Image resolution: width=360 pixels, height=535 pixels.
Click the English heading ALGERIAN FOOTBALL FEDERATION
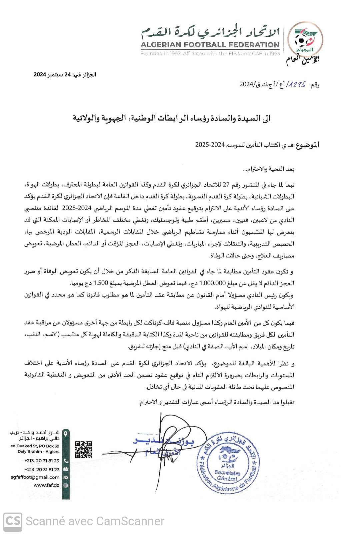pyautogui.click(x=210, y=45)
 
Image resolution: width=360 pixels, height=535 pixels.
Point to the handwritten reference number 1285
pyautogui.click(x=298, y=84)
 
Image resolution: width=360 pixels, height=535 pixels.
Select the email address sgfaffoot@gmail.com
pyautogui.click(x=35, y=477)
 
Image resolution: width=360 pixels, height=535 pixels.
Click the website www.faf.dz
pyautogui.click(x=46, y=485)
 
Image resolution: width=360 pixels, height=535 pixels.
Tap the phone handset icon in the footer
pyautogui.click(x=66, y=461)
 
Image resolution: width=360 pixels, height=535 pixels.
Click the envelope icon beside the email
pyautogui.click(x=66, y=478)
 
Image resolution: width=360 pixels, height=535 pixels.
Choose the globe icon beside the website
pyautogui.click(x=66, y=486)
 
